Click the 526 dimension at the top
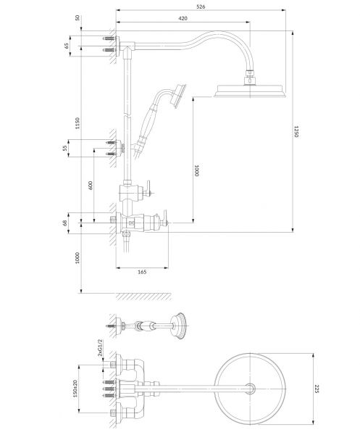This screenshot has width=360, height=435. (201, 7)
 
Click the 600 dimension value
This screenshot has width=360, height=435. (91, 183)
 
